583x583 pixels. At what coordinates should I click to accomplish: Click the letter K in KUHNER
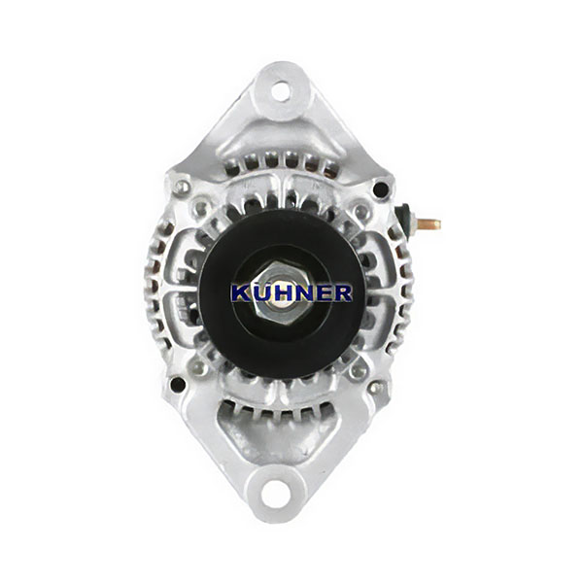(x=241, y=293)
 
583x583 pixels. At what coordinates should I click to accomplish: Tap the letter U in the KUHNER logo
(x=260, y=293)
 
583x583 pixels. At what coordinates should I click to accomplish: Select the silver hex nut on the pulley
(x=281, y=293)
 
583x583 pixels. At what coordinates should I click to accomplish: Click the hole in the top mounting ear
(x=281, y=91)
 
